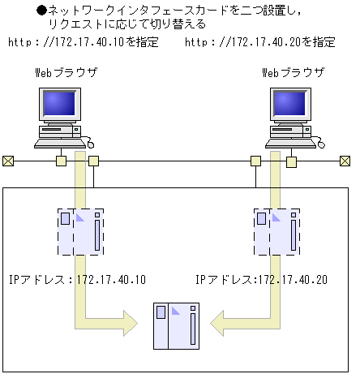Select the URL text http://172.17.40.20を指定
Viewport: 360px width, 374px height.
260,41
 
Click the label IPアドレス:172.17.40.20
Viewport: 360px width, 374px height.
261,280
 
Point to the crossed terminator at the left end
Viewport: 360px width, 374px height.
8,161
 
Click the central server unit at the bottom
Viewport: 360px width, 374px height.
176,325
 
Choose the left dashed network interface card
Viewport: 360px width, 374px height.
80,230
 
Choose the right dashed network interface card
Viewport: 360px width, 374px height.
276,230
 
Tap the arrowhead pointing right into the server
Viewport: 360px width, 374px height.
129,323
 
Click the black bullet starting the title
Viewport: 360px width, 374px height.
43,11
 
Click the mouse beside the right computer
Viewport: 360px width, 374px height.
320,144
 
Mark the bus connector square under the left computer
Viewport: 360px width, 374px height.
61,161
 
